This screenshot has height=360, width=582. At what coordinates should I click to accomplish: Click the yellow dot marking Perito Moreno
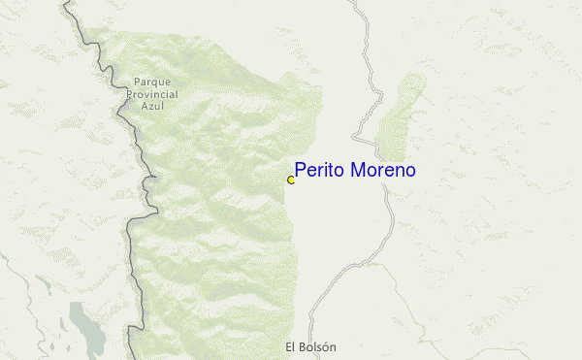pyautogui.click(x=291, y=180)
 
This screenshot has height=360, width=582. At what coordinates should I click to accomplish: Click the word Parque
pyautogui.click(x=152, y=83)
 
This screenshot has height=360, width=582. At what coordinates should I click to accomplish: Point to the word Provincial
pyautogui.click(x=152, y=94)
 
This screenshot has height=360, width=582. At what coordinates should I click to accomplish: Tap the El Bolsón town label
pyautogui.click(x=312, y=346)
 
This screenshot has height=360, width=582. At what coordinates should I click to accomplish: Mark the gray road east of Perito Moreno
pyautogui.click(x=390, y=209)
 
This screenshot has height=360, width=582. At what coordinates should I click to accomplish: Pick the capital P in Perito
pyautogui.click(x=301, y=171)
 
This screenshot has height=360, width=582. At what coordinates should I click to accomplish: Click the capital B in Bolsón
pyautogui.click(x=304, y=346)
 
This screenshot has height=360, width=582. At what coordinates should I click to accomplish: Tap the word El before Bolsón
pyautogui.click(x=292, y=346)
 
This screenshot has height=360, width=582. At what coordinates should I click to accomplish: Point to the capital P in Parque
pyautogui.click(x=137, y=83)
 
